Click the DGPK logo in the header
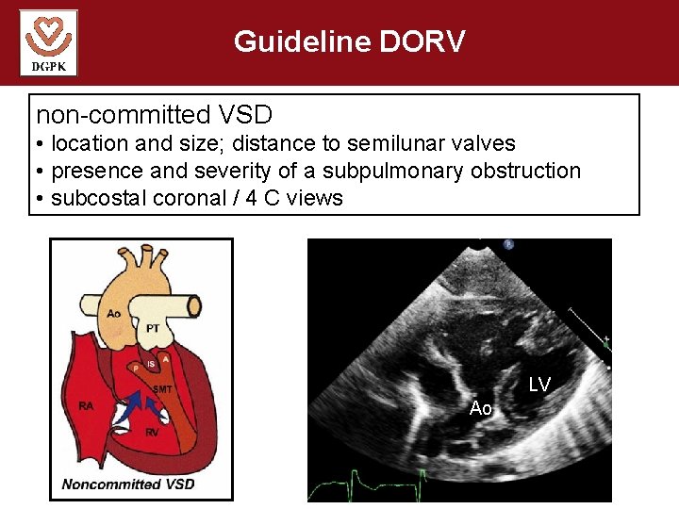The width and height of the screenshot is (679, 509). (x=48, y=42)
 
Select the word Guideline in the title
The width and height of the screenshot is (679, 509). (x=301, y=41)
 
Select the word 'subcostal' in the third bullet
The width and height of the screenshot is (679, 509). (x=97, y=198)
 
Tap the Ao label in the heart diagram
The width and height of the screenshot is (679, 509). (x=113, y=313)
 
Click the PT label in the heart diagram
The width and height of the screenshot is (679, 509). (x=153, y=328)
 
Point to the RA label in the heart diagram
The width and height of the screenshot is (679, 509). (x=86, y=406)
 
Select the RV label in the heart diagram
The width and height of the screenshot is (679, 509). (x=152, y=432)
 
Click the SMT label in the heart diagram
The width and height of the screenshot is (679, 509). (x=162, y=389)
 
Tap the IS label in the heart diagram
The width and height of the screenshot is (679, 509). (x=150, y=365)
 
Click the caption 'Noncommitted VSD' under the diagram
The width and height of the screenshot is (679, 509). (x=128, y=484)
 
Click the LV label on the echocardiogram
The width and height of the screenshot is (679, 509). (x=538, y=385)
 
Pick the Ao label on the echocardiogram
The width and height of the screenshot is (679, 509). (x=481, y=408)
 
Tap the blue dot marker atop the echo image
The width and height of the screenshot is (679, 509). (x=509, y=243)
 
